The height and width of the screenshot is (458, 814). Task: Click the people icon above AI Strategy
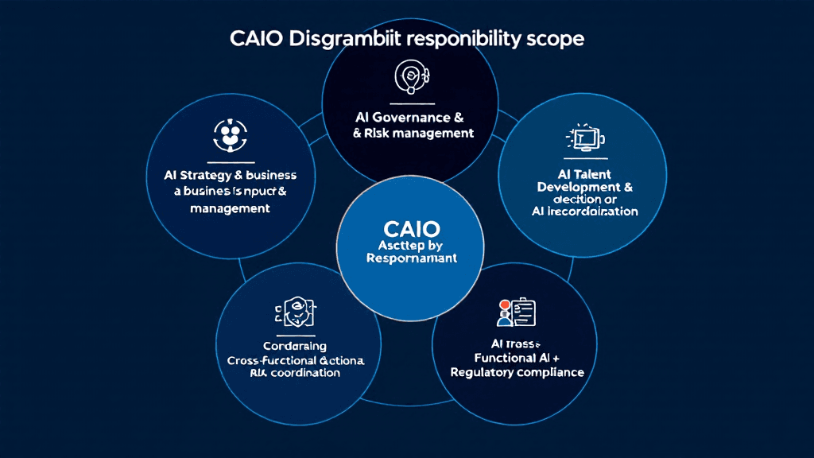(x=229, y=134)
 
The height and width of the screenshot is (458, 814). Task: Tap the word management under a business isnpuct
(x=230, y=208)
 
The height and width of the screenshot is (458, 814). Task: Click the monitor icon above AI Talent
(x=584, y=138)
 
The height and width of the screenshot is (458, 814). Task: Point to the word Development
(x=578, y=187)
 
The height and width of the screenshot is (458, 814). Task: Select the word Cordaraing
(x=294, y=347)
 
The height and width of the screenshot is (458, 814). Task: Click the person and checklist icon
(x=516, y=312)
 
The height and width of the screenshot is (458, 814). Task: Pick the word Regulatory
(x=486, y=372)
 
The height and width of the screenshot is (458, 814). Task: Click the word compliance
(x=554, y=372)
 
